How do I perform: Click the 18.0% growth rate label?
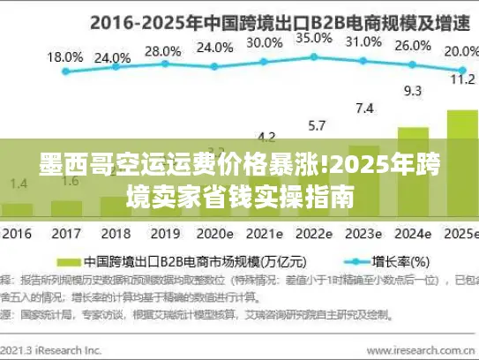64,56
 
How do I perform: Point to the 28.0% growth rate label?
162,51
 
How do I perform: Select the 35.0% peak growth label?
313,38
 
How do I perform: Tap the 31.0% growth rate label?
363,41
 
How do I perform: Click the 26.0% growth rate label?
413,46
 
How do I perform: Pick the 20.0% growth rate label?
461,51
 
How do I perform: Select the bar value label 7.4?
364,109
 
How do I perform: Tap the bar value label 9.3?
412,89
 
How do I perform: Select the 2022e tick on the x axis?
313,235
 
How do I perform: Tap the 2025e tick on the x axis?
460,235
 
